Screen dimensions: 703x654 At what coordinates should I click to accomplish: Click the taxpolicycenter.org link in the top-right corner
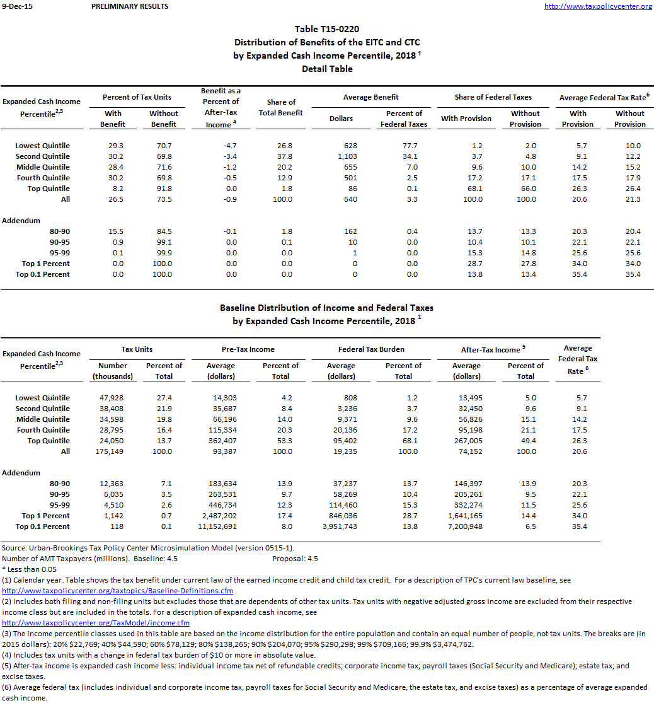pos(598,6)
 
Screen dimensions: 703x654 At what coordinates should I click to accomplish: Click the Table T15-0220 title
pos(327,29)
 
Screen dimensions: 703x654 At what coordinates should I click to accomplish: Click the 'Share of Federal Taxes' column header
pos(493,97)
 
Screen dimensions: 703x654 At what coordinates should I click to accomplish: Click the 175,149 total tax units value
pos(112,451)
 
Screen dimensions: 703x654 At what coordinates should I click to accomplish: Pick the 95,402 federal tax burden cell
pos(342,441)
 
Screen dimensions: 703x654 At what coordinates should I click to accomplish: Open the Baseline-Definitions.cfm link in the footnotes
pos(118,591)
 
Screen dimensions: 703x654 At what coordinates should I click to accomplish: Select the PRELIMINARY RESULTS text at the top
pos(130,6)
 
